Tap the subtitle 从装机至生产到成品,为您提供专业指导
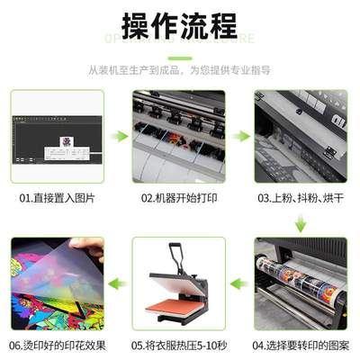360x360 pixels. click(x=180, y=68)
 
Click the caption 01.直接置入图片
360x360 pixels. click(x=57, y=196)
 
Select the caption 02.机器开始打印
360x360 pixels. click(x=179, y=196)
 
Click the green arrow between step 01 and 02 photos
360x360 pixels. click(x=118, y=136)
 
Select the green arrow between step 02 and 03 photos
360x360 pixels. click(x=239, y=136)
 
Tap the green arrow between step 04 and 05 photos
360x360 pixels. click(x=239, y=283)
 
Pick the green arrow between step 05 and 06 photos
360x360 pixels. click(x=118, y=283)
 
